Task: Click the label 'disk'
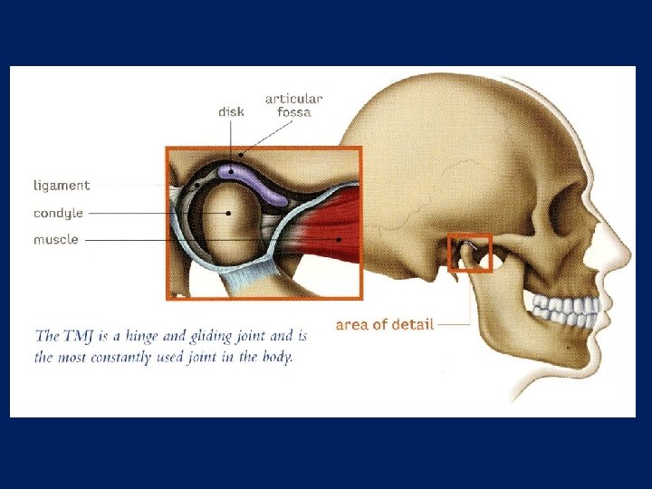[x=231, y=112]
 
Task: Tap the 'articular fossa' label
[x=293, y=105]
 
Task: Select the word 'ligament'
[x=62, y=186]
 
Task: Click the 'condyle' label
[x=58, y=213]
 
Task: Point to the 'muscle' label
[x=56, y=240]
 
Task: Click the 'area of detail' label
[x=385, y=323]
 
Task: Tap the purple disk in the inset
[x=258, y=181]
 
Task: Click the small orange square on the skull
[x=470, y=253]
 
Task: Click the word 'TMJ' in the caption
[x=77, y=336]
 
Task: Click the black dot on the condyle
[x=228, y=213]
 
